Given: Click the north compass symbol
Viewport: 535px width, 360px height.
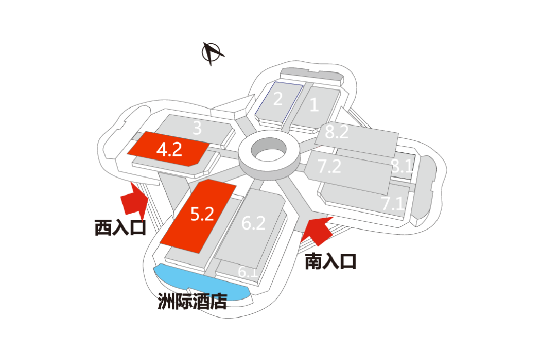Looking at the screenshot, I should tap(212, 53).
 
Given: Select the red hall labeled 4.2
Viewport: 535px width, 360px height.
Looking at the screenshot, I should tap(168, 149).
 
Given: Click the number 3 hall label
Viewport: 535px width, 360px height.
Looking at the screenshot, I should tap(197, 129).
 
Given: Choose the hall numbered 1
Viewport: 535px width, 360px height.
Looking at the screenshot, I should tap(314, 105).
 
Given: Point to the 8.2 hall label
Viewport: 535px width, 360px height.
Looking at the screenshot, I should tap(337, 132).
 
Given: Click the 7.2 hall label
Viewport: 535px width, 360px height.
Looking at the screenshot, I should tap(330, 166).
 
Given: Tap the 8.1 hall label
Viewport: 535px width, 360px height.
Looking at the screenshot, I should tap(402, 167).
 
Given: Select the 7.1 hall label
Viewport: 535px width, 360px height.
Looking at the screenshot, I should tap(392, 204).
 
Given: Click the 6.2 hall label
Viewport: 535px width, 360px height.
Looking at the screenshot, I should tap(253, 223).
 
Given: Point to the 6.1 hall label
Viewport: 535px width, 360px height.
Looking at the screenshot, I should tap(248, 272).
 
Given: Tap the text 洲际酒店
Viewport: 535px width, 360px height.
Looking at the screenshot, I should tap(192, 303).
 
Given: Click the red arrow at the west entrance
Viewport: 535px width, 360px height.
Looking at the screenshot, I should tap(135, 200).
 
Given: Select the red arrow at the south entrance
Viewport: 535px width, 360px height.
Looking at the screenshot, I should tap(317, 229).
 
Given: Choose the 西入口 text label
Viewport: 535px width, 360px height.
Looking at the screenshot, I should tap(120, 228).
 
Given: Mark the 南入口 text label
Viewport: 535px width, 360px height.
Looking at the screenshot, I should tap(331, 261).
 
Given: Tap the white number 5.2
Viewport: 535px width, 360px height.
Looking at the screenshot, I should tap(202, 214).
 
